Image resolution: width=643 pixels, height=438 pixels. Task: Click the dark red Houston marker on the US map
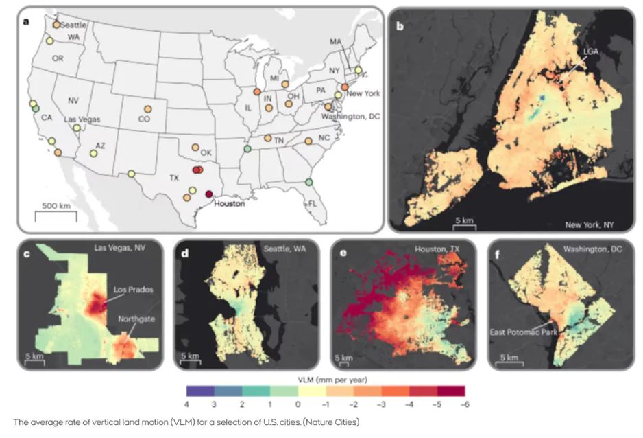point(209,194)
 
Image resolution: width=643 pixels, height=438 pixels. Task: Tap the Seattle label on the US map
point(73,25)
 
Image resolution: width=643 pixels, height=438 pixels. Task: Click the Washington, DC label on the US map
point(353,116)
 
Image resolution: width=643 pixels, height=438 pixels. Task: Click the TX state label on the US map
point(173,177)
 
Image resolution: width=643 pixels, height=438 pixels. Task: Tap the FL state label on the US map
point(313,204)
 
